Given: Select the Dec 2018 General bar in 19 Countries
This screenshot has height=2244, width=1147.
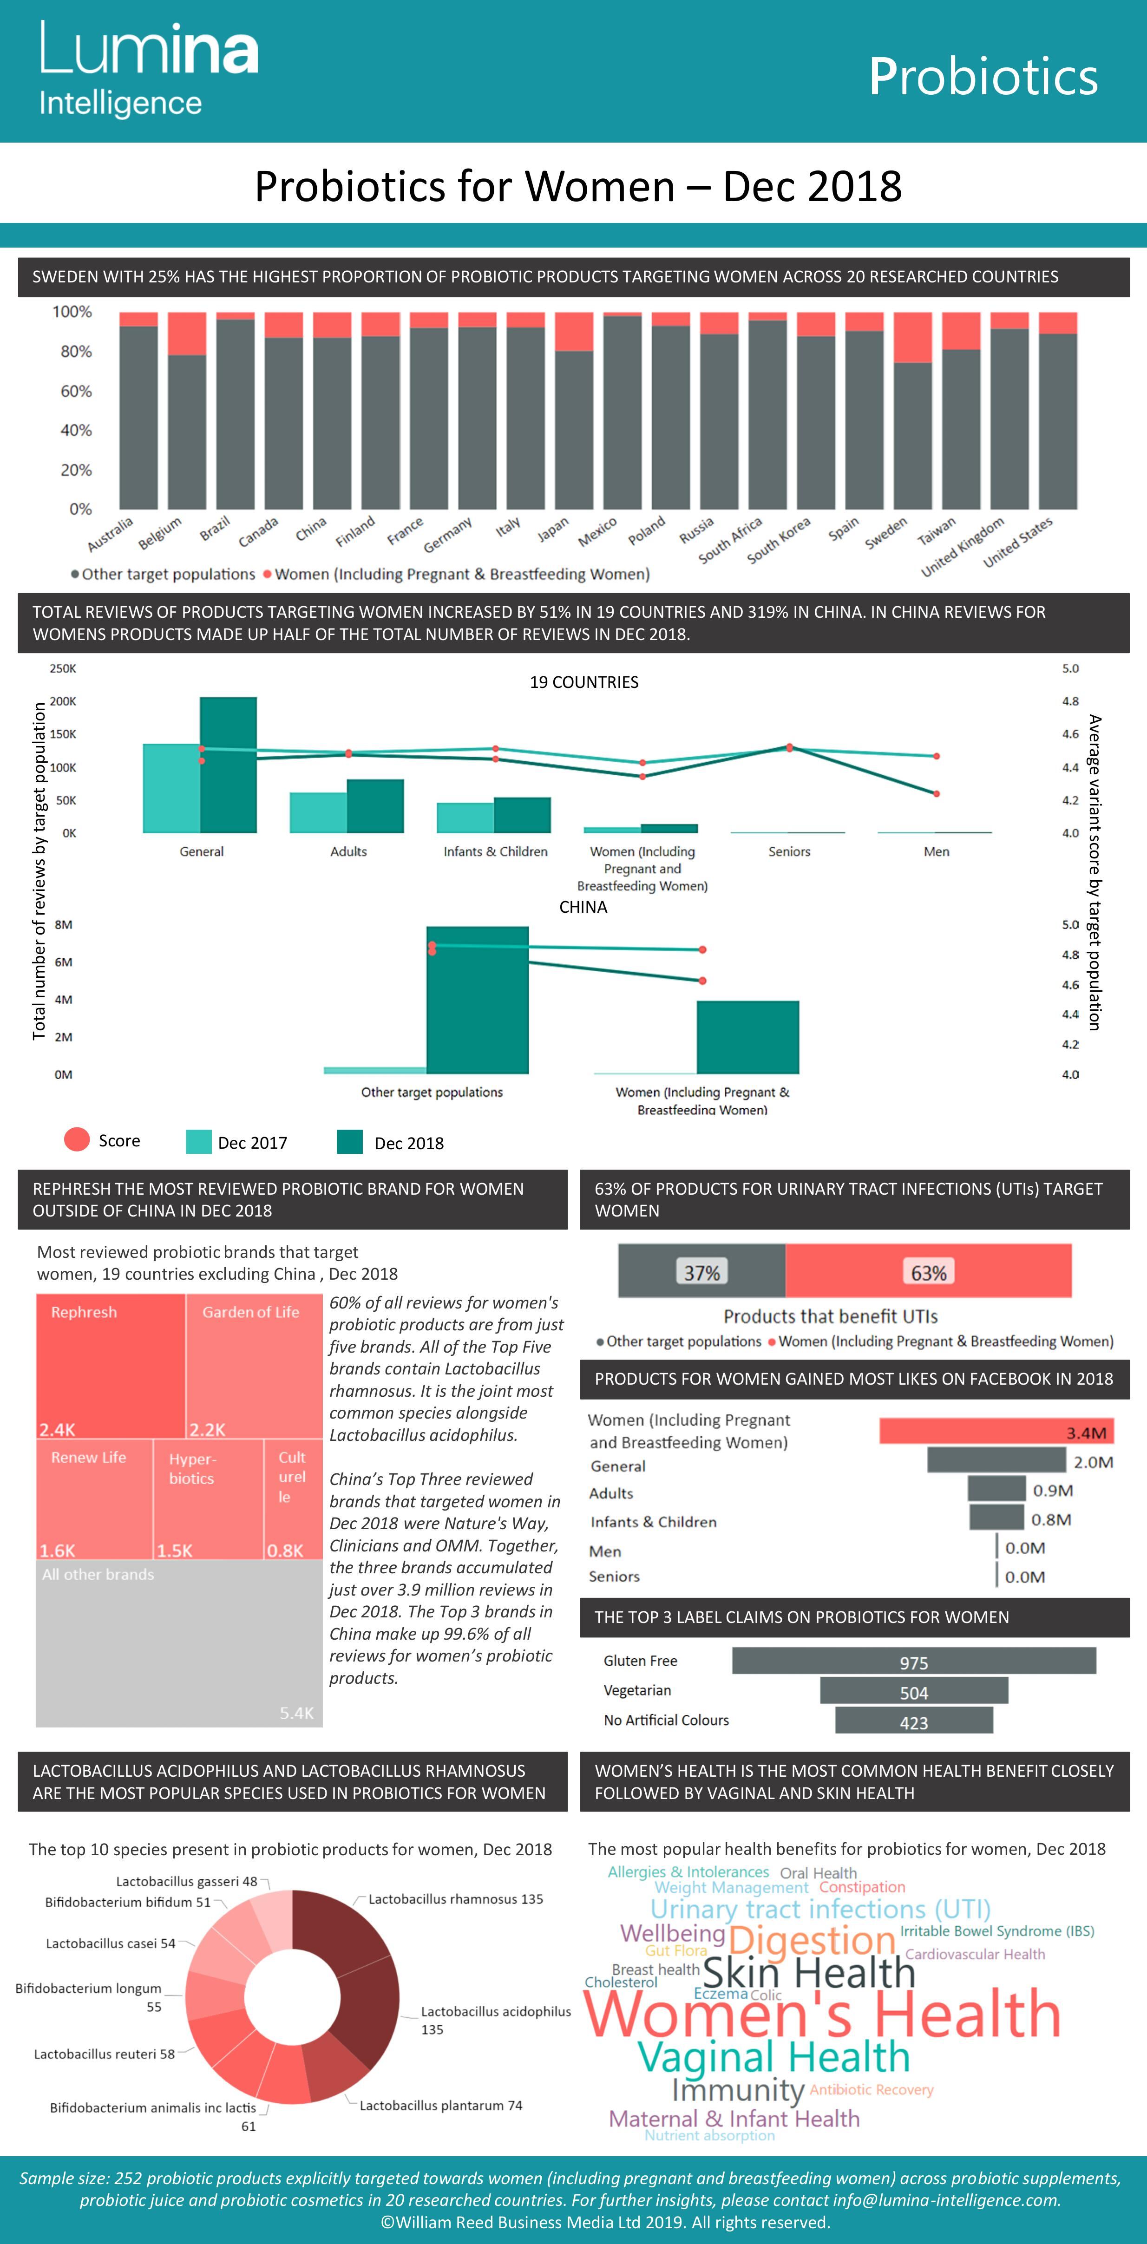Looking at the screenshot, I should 228,765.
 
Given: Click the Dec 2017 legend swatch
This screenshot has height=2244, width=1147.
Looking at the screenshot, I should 198,1142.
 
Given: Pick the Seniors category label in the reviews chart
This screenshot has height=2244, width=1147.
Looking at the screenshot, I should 789,851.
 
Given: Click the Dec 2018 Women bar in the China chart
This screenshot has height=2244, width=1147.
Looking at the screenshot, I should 747,1037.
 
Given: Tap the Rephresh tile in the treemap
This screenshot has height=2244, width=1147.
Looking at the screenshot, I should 111,1365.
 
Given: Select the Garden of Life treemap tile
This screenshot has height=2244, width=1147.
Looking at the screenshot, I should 254,1365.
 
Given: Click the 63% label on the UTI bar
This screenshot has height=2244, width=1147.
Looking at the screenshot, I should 928,1273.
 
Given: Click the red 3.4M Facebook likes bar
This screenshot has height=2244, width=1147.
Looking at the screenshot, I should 996,1431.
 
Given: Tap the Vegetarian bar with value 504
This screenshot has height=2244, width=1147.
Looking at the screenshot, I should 914,1691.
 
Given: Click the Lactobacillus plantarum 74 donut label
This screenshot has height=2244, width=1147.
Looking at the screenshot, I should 441,2106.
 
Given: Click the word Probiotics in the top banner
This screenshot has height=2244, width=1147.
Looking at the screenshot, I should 983,77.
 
